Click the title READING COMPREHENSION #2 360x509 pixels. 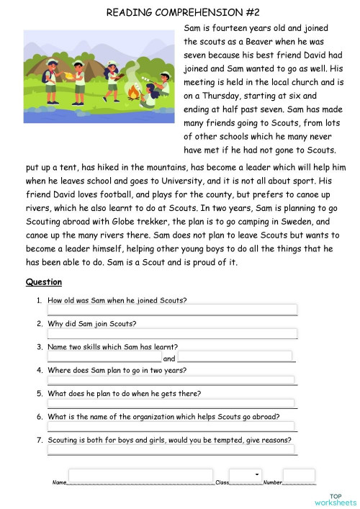point(179,12)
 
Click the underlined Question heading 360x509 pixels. point(43,282)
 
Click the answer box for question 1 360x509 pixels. point(172,310)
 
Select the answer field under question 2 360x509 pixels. point(172,333)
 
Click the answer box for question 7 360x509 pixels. point(171,450)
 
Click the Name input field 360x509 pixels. point(140,476)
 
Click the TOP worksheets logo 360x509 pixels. point(336,499)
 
